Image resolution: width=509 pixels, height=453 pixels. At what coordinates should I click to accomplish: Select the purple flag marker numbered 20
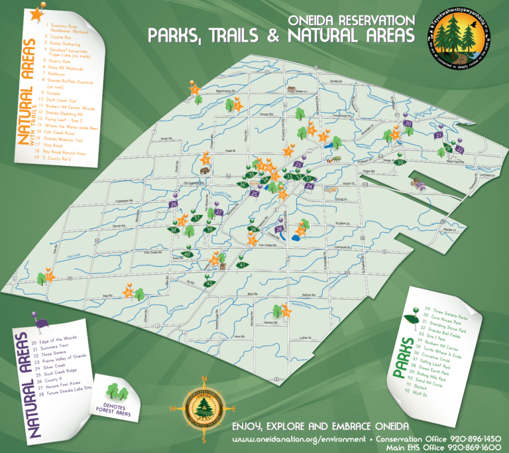coord(408,124)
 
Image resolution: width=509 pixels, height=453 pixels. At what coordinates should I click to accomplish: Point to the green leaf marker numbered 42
coord(209,283)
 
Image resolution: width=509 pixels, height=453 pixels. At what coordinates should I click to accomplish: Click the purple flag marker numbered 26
coord(174,205)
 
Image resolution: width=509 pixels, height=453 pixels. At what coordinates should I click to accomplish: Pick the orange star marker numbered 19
coord(48,271)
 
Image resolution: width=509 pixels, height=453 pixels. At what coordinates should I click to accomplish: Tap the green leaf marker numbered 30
coord(399,162)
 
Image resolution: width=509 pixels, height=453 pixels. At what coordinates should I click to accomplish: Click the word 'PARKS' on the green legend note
coord(401,357)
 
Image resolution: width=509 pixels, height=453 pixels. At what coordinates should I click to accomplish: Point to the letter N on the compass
coord(205,379)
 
